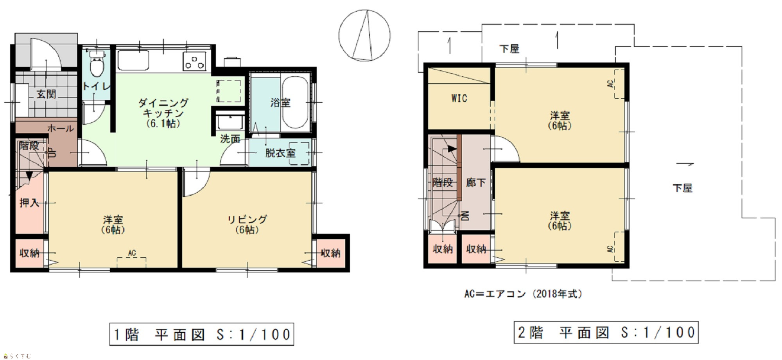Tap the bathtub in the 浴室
point(295,102)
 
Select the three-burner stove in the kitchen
point(194,61)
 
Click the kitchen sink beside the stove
point(133,61)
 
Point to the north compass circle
point(364,36)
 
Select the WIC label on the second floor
point(459,98)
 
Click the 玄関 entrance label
point(46,94)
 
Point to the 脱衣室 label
point(280,153)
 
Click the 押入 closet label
point(29,202)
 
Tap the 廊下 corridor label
point(476,182)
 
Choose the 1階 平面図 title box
point(202,334)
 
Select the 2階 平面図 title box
point(606,332)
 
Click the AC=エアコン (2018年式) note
point(523,294)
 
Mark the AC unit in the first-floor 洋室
point(132,262)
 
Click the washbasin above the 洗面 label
point(231,122)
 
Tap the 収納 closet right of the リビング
point(331,253)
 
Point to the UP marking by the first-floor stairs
point(52,152)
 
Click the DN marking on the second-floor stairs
point(466,216)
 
